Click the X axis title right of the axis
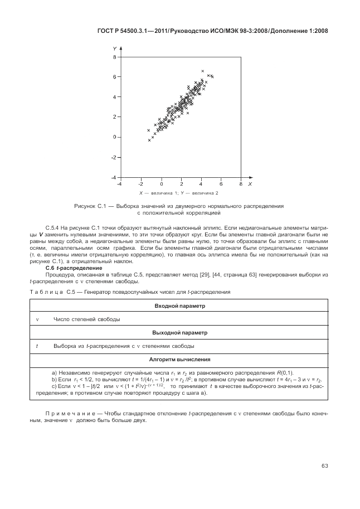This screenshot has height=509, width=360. tap(250, 183)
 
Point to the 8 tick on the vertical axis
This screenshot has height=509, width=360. tap(114, 57)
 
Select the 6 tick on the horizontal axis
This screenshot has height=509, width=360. tap(221, 183)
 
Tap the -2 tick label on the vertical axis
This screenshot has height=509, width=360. tap(113, 157)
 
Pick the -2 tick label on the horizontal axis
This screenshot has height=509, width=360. tap(141, 183)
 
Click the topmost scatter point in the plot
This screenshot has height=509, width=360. tap(202, 71)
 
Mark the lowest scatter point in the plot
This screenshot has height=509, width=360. tap(149, 140)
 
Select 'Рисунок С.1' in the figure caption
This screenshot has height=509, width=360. tap(90, 206)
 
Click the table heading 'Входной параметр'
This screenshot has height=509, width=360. tap(179, 306)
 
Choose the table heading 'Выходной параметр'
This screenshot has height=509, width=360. tap(179, 333)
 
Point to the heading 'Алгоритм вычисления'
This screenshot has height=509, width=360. tap(179, 360)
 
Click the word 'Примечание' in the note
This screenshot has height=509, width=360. tap(67, 413)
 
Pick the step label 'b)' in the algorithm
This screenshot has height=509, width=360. tap(54, 379)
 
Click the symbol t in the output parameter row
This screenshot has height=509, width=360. tap(36, 346)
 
